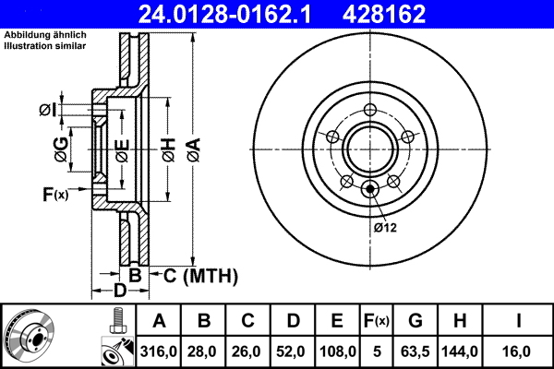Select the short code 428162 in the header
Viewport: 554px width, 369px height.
point(409,14)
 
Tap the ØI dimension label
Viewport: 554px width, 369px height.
point(48,111)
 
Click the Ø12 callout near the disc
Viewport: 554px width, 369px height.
point(385,228)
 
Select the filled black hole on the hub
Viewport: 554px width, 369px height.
point(371,191)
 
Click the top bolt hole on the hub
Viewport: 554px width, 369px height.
point(371,112)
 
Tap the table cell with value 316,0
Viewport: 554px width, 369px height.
point(159,351)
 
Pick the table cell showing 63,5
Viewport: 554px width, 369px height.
point(415,351)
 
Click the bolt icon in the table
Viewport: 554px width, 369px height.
point(116,321)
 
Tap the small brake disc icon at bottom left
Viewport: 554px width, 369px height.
point(30,337)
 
